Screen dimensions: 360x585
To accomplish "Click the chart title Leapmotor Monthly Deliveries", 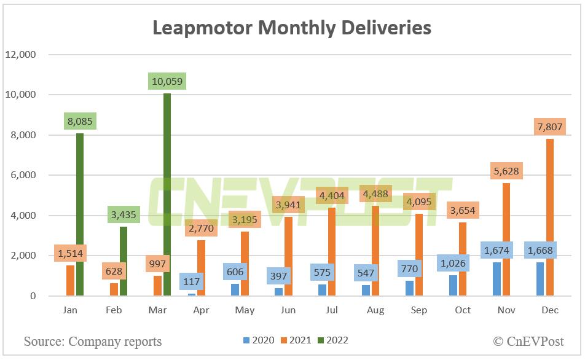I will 292,28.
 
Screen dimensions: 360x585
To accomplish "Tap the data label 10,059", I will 167,81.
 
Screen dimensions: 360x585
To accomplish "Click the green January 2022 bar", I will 79,215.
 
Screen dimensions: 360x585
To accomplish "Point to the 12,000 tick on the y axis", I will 21,55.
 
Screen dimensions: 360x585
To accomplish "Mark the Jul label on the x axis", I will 332,310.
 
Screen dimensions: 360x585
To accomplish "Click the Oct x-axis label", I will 463,310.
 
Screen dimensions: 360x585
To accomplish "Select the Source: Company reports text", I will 93,341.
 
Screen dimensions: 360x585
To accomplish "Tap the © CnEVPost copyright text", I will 528,341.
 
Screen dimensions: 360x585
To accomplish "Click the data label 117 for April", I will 192,282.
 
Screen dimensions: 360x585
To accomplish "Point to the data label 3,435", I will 124,215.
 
